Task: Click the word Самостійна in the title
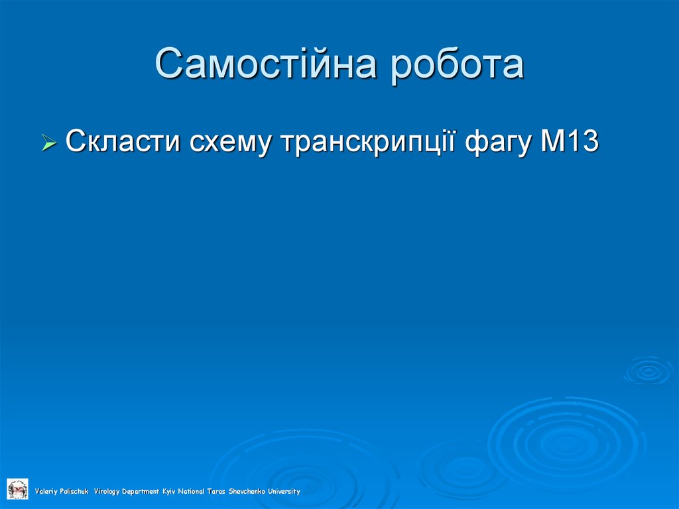pyautogui.click(x=267, y=64)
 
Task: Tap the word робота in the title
pyautogui.click(x=457, y=64)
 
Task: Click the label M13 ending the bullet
pyautogui.click(x=570, y=141)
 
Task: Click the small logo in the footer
pyautogui.click(x=17, y=489)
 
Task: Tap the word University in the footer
pyautogui.click(x=284, y=492)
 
